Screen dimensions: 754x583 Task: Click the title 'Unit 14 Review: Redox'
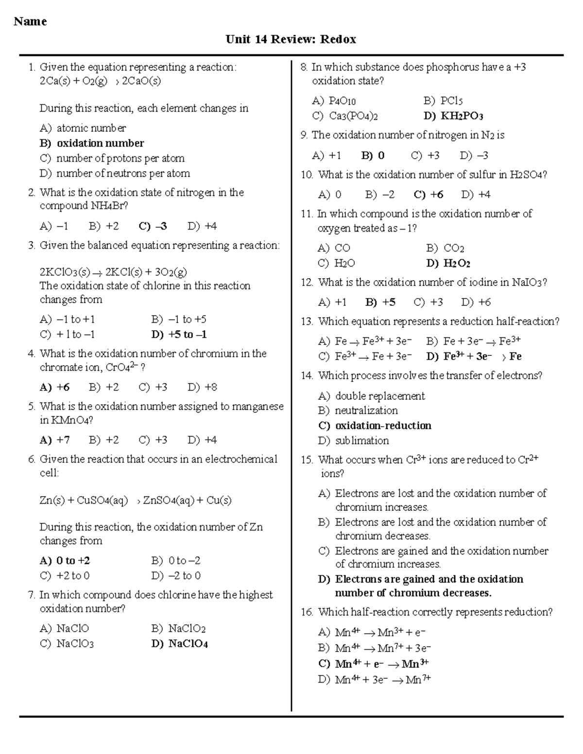coord(291,39)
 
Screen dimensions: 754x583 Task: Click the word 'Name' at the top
coord(30,21)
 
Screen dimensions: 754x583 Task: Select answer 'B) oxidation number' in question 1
coord(92,143)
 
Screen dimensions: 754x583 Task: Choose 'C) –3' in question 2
coord(153,226)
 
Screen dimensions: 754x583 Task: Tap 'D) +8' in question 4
coord(202,387)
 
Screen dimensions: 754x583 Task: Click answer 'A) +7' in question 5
coord(54,440)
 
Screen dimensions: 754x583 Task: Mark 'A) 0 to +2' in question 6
coord(65,561)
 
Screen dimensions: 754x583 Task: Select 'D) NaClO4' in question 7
coord(180,644)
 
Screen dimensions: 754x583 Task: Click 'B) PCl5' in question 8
coord(443,101)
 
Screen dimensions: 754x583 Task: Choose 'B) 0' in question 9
coord(373,156)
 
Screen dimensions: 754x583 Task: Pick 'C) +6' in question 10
coord(429,195)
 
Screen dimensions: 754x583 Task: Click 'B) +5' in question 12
coord(380,302)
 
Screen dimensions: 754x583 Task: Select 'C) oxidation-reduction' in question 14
coord(375,426)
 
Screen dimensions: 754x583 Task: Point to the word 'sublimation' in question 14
coord(362,441)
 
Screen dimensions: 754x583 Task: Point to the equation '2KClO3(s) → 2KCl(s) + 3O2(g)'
coord(113,272)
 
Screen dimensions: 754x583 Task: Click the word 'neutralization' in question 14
coord(366,411)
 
